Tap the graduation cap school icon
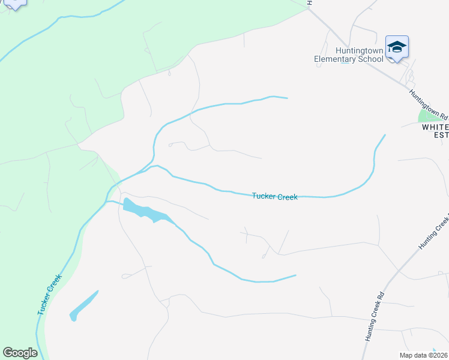pyautogui.click(x=397, y=47)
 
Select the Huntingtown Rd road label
pyautogui.click(x=429, y=105)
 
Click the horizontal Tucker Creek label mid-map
pyautogui.click(x=274, y=196)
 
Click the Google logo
pyautogui.click(x=20, y=353)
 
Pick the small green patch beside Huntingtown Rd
pyautogui.click(x=428, y=115)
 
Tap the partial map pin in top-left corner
pyautogui.click(x=14, y=4)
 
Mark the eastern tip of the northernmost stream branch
pyautogui.click(x=287, y=98)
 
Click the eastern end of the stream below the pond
pyautogui.click(x=295, y=275)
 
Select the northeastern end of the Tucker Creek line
pyautogui.click(x=384, y=135)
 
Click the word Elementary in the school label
pyautogui.click(x=336, y=59)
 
